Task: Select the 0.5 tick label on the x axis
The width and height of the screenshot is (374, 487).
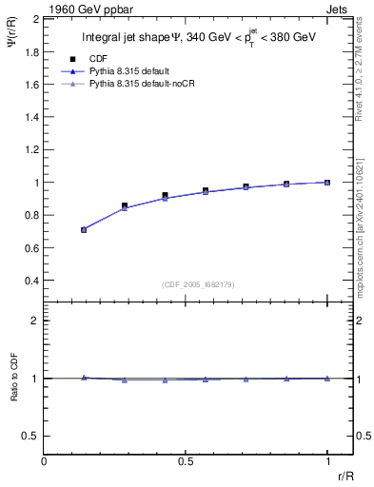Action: coord(186,461)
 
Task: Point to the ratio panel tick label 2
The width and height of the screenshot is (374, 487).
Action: coord(35,321)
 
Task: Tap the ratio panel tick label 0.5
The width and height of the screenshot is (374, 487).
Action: coord(31,436)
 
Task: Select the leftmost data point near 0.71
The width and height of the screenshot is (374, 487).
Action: coord(84,229)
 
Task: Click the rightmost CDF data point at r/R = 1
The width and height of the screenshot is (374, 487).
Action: coord(327,182)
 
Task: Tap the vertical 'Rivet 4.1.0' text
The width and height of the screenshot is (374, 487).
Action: coord(365,66)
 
